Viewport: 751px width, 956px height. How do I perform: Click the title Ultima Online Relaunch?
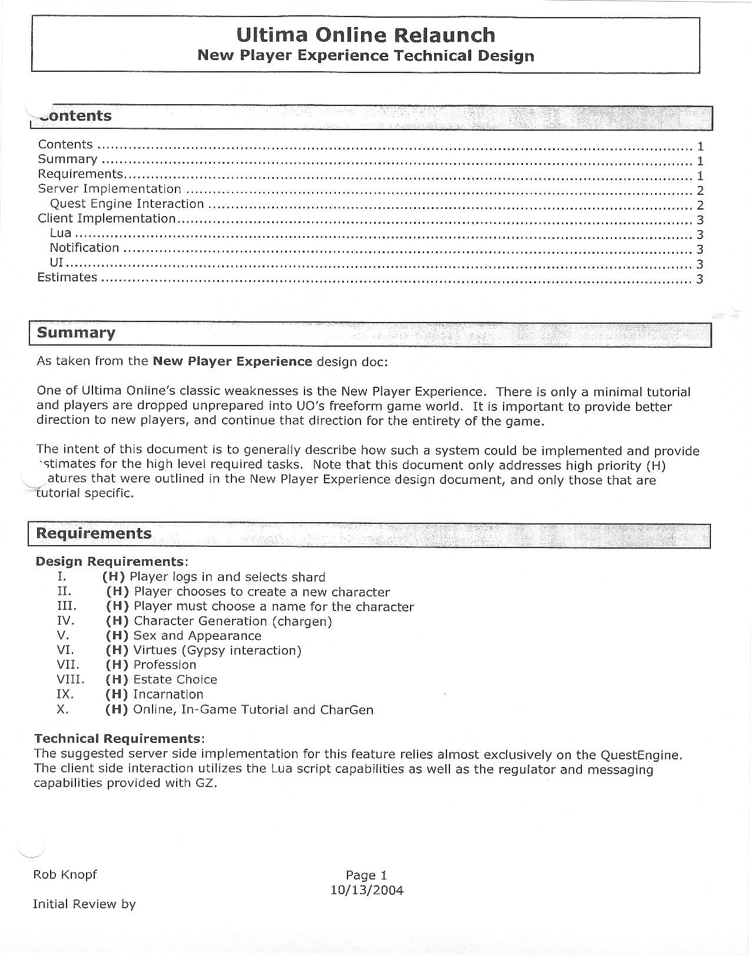click(x=365, y=35)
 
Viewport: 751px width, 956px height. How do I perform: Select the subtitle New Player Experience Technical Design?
click(x=365, y=56)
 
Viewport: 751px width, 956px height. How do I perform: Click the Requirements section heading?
click(x=94, y=534)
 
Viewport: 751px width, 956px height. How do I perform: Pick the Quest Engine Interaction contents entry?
click(x=127, y=204)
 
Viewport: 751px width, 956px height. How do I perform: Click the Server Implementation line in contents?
click(x=110, y=189)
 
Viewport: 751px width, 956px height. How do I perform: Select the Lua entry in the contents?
click(x=61, y=234)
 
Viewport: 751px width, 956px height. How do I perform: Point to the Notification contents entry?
click(x=84, y=248)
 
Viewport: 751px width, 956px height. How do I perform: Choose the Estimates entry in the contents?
click(x=67, y=277)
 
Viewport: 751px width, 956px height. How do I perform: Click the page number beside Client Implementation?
click(x=700, y=220)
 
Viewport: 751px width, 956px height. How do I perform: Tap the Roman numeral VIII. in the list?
click(x=71, y=679)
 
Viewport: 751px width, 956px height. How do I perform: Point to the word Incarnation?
click(x=168, y=695)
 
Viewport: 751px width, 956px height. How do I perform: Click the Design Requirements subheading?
click(x=111, y=562)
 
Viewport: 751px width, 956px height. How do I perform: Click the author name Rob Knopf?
click(x=65, y=875)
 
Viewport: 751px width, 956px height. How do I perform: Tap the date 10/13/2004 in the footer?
click(x=367, y=890)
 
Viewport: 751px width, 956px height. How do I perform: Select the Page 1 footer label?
click(x=366, y=875)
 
